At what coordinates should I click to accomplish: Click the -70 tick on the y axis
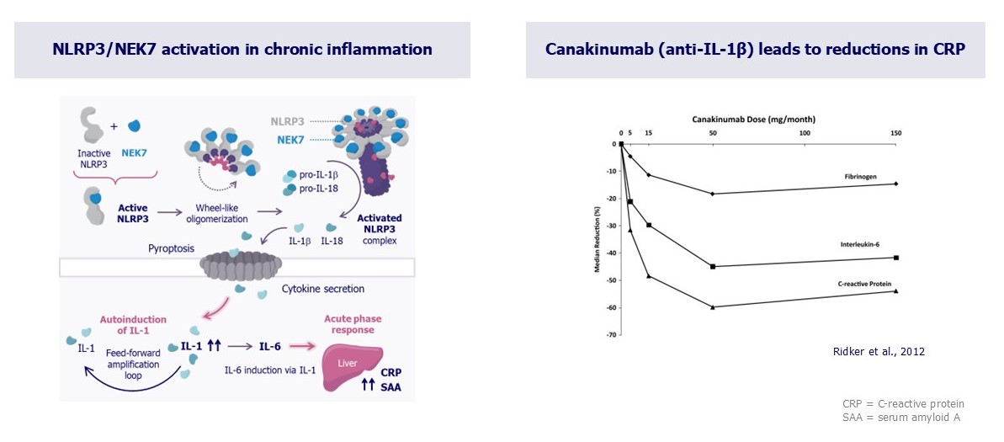612,335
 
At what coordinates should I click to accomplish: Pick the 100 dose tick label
805,133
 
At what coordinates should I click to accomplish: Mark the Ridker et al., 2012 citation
873,351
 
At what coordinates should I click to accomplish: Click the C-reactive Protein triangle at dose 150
895,291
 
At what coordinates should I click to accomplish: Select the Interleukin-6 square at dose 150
895,258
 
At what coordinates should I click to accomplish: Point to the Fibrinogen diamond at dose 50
713,194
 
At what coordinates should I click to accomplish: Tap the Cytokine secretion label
323,289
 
